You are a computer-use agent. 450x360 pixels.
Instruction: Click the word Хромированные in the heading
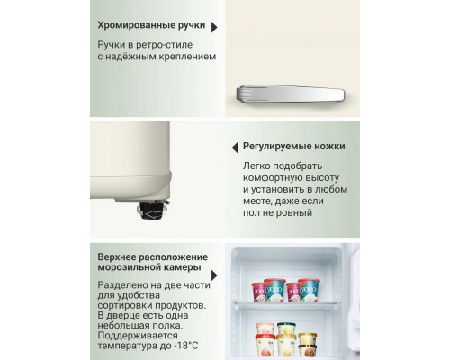pos(136,25)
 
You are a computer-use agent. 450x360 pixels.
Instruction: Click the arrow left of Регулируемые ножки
pos(232,146)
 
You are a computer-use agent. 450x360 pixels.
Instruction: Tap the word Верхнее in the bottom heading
pos(121,257)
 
